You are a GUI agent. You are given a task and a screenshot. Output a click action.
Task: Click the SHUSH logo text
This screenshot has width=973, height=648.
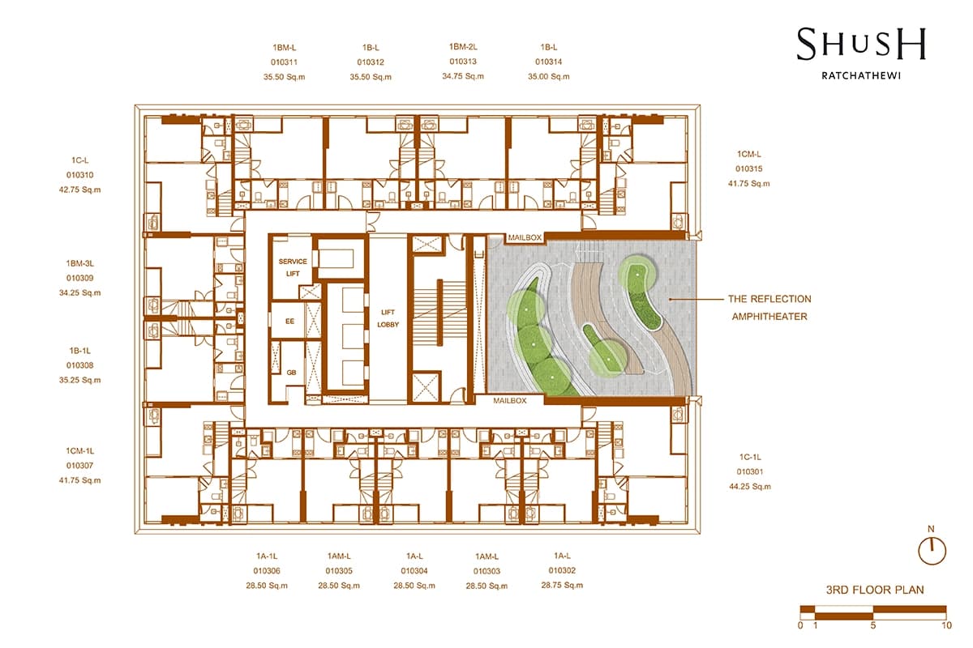click(861, 44)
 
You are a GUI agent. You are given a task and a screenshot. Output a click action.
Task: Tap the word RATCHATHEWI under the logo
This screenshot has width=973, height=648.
click(861, 75)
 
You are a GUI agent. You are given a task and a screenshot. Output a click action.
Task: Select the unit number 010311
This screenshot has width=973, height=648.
click(284, 62)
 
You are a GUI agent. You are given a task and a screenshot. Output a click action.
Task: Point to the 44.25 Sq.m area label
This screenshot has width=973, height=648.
click(750, 487)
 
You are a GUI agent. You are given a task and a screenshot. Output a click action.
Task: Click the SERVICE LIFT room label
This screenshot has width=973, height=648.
click(293, 267)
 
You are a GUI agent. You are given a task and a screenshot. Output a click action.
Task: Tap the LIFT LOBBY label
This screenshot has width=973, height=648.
click(388, 318)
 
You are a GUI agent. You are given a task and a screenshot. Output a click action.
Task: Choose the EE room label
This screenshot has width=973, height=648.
click(289, 322)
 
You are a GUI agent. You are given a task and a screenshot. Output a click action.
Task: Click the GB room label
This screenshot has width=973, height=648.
click(291, 373)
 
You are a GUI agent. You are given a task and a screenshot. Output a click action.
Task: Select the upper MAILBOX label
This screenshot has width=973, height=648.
click(525, 237)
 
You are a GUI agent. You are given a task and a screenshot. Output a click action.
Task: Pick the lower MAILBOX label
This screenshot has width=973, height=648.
click(509, 401)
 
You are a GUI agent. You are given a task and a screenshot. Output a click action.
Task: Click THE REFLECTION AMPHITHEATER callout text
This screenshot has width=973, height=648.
click(769, 308)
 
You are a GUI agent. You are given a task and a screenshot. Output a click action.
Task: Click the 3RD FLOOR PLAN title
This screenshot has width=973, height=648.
click(875, 590)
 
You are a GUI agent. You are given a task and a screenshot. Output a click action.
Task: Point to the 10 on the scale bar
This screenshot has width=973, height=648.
click(947, 625)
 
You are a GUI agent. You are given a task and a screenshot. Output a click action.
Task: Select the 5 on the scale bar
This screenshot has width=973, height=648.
click(873, 625)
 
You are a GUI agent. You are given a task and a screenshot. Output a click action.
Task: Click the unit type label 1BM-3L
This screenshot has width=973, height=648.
click(80, 263)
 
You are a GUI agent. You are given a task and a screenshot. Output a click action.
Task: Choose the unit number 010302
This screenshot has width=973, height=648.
click(562, 570)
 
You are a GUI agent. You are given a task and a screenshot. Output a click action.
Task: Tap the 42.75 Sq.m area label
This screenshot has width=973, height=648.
click(80, 190)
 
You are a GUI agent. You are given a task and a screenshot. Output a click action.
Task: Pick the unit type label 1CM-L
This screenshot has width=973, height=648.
click(749, 154)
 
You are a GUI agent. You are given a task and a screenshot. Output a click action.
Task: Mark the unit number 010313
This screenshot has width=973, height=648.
click(463, 62)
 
